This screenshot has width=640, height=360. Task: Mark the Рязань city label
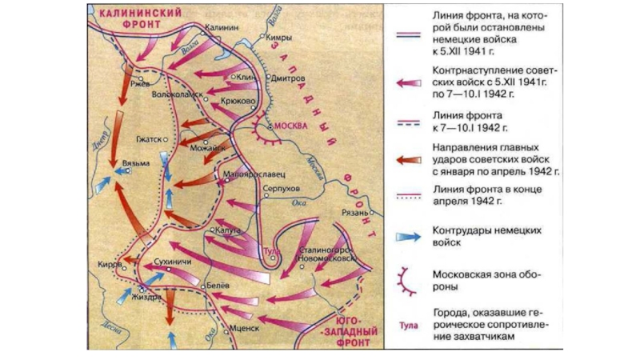pyautogui.click(x=352, y=213)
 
